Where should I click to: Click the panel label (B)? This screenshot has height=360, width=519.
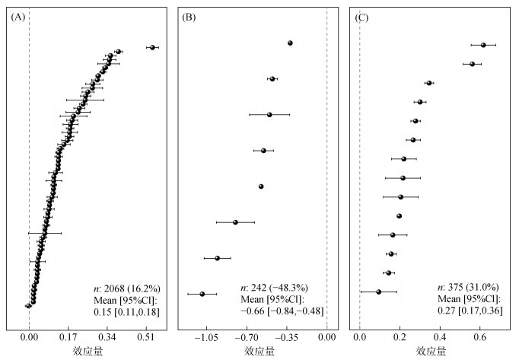[190, 17]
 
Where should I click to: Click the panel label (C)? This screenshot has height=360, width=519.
[363, 17]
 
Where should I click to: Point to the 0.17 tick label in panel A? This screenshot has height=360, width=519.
[68, 335]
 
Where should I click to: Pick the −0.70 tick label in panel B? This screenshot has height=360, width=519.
[245, 335]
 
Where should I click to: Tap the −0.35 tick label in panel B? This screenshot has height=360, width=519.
[285, 335]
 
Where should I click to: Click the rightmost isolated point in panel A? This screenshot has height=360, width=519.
[152, 47]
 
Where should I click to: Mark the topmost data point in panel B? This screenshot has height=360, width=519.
[290, 43]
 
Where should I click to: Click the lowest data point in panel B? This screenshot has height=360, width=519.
[202, 294]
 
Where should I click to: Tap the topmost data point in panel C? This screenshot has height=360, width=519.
[483, 45]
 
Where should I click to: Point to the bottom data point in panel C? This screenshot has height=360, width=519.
[378, 292]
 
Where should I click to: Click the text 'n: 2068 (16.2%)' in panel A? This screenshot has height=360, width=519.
[125, 288]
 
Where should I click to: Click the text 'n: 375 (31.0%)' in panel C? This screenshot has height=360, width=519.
[470, 288]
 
